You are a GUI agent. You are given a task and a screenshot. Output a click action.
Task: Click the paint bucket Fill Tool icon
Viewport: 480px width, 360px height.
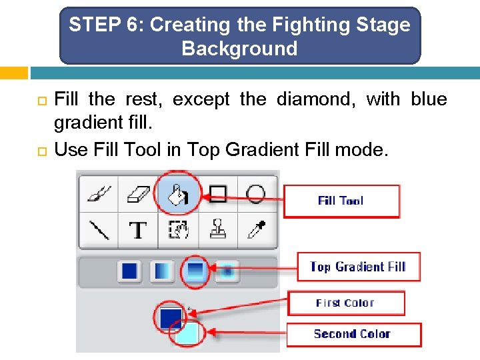click(177, 194)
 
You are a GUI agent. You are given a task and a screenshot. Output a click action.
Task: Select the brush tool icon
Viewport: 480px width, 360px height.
click(99, 194)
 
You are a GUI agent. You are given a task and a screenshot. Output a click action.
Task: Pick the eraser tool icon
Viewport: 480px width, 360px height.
click(139, 194)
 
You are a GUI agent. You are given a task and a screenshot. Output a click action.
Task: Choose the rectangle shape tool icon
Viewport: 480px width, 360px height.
click(217, 194)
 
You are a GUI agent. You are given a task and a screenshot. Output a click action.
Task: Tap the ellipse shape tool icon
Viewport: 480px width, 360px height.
click(256, 194)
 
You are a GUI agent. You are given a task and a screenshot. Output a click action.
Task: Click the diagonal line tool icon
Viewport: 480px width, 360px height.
click(99, 230)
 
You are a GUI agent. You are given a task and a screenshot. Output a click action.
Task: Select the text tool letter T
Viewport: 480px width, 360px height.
click(138, 231)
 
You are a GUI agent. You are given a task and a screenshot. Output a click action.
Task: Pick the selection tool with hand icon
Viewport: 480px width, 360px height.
click(178, 230)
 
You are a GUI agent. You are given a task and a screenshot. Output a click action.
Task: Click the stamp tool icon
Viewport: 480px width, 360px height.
click(217, 230)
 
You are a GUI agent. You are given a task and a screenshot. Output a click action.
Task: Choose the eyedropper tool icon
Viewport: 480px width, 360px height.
click(257, 230)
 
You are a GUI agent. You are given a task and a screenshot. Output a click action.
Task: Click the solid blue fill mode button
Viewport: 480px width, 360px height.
click(129, 271)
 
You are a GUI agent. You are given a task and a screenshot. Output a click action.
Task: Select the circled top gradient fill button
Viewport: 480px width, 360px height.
click(195, 270)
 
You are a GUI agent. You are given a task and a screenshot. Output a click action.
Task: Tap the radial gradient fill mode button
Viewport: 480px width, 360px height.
click(228, 271)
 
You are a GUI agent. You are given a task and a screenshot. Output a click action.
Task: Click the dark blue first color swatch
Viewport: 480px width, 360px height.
click(170, 316)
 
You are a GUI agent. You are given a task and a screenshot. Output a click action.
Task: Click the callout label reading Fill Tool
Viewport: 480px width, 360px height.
click(341, 201)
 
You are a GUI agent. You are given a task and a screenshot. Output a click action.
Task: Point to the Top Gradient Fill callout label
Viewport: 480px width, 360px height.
click(358, 267)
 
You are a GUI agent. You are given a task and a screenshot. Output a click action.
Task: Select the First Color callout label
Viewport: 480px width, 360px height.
click(345, 303)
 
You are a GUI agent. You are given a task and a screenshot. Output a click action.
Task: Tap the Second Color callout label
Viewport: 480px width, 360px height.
click(352, 334)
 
